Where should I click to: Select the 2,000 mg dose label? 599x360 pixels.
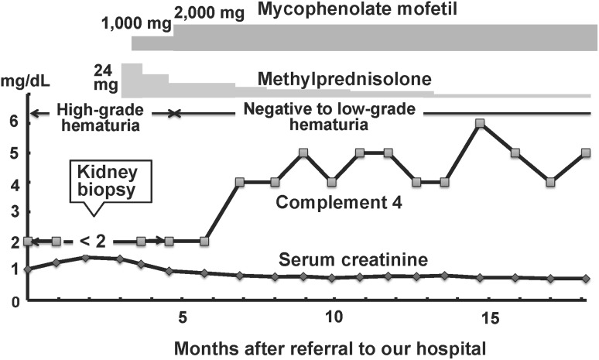205,10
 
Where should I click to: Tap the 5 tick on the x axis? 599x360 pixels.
183,318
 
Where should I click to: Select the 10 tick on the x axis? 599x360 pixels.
334,318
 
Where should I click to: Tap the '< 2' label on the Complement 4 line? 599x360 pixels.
98,242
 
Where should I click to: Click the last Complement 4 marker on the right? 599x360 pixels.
586,153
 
